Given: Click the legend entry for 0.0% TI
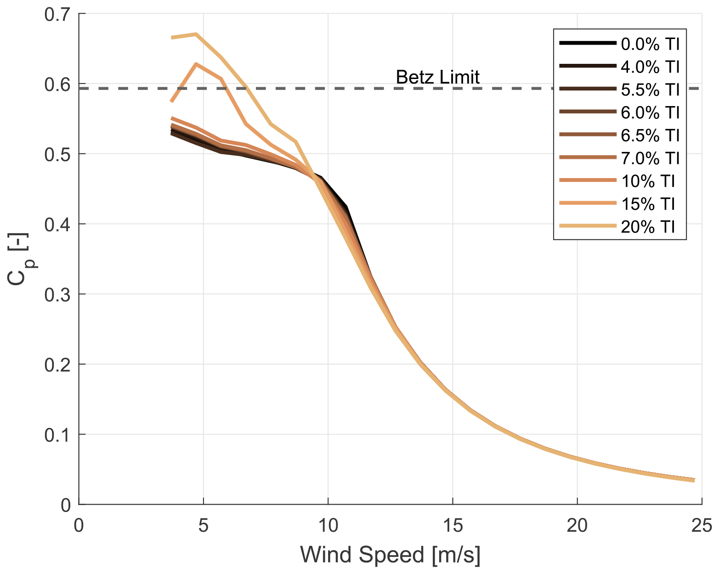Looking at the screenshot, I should pos(650,44).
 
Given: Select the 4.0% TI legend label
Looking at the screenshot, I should pos(650,67).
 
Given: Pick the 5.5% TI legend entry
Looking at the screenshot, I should pos(650,90).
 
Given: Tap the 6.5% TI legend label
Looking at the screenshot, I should pos(650,135).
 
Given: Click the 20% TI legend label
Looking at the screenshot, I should pos(648,227).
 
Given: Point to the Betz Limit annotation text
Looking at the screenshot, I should pos(437,77).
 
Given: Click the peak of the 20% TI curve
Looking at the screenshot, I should pos(196,34).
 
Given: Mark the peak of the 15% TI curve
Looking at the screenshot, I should pos(196,64).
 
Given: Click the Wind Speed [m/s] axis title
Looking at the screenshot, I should pos(391,555).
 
